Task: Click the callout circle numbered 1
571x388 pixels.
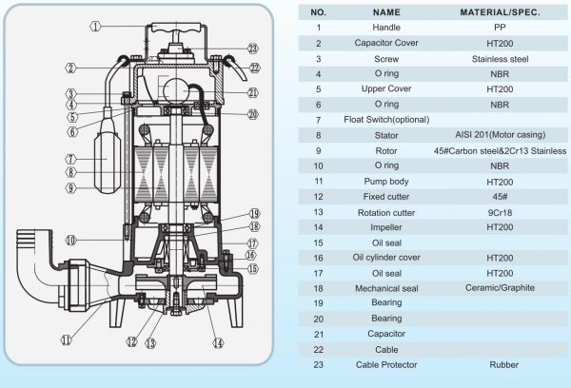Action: pyautogui.click(x=96, y=26)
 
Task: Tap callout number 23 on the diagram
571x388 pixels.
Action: pyautogui.click(x=252, y=48)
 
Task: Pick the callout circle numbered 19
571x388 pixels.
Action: pyautogui.click(x=254, y=212)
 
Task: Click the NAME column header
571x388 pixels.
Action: pyautogui.click(x=387, y=13)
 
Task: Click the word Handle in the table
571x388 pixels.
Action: pyautogui.click(x=387, y=29)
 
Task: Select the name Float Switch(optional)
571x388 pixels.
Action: pyautogui.click(x=387, y=120)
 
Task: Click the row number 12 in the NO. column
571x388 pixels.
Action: pyautogui.click(x=320, y=196)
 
